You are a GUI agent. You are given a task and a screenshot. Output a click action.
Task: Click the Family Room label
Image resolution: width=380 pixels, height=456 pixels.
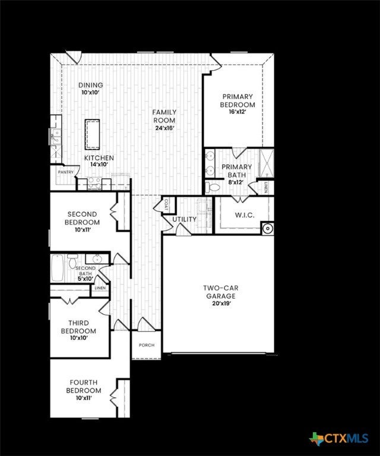pyautogui.click(x=164, y=116)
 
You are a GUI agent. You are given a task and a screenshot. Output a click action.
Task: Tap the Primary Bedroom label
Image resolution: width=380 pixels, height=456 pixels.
pyautogui.click(x=237, y=100)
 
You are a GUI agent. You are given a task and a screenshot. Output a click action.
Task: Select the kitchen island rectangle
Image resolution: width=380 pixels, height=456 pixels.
pyautogui.click(x=92, y=134)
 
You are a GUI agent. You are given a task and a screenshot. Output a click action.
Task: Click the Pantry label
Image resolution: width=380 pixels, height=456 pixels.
pyautogui.click(x=66, y=172)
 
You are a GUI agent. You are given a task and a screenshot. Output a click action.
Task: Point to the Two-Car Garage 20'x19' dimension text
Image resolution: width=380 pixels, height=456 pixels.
pyautogui.click(x=221, y=303)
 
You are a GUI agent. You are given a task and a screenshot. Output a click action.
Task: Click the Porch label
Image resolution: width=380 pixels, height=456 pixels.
pyautogui.click(x=146, y=345)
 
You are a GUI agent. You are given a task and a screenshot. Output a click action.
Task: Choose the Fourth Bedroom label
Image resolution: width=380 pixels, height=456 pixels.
pyautogui.click(x=83, y=387)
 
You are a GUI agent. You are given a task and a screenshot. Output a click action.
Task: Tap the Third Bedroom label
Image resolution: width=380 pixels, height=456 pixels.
pyautogui.click(x=78, y=327)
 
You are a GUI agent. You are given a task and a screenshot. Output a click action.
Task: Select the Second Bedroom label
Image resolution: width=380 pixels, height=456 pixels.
pyautogui.click(x=83, y=218)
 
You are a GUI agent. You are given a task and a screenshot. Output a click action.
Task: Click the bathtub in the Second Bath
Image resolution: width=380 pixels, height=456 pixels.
pyautogui.click(x=57, y=268)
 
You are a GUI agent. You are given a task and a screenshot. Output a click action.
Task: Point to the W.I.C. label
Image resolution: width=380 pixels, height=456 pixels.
pyautogui.click(x=245, y=215)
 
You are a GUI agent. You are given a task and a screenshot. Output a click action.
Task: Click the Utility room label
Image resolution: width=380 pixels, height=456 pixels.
pyautogui.click(x=184, y=220)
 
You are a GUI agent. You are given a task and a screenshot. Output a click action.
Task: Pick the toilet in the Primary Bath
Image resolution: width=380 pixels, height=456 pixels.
pyautogui.click(x=214, y=187)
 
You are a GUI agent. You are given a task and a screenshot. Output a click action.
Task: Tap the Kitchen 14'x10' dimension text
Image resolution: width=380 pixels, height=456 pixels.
pyautogui.click(x=99, y=164)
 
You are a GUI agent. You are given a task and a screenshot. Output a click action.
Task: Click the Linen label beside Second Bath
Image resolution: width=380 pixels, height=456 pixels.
pyautogui.click(x=100, y=289)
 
